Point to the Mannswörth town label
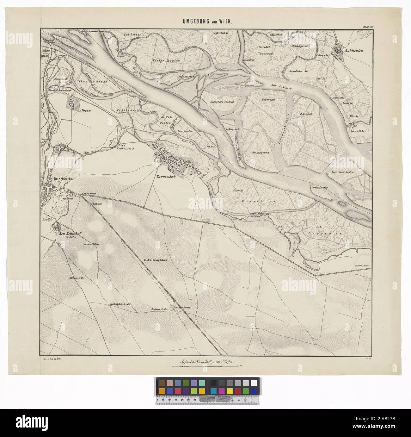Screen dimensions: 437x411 [168, 177]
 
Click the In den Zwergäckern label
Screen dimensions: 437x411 [155, 260]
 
